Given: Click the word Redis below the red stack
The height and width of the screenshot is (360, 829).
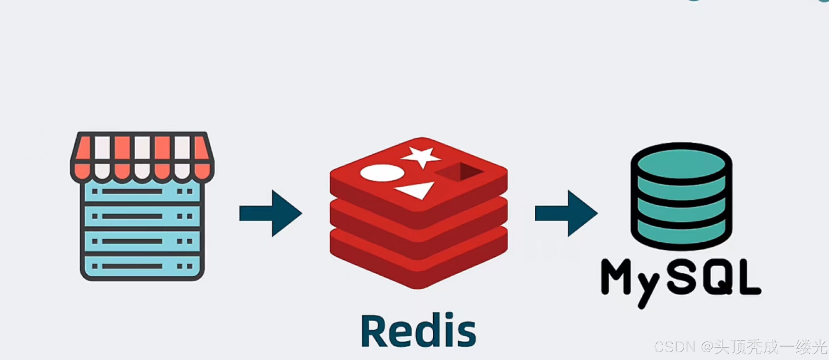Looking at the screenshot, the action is tap(419, 331).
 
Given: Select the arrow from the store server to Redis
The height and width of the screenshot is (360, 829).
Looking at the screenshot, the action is tap(271, 213).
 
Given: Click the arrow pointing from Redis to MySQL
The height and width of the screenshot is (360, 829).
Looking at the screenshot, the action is tap(566, 213).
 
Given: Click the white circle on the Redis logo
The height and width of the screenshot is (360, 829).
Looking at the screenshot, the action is tap(382, 173).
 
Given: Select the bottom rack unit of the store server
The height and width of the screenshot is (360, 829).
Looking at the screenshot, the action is tap(142, 266).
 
